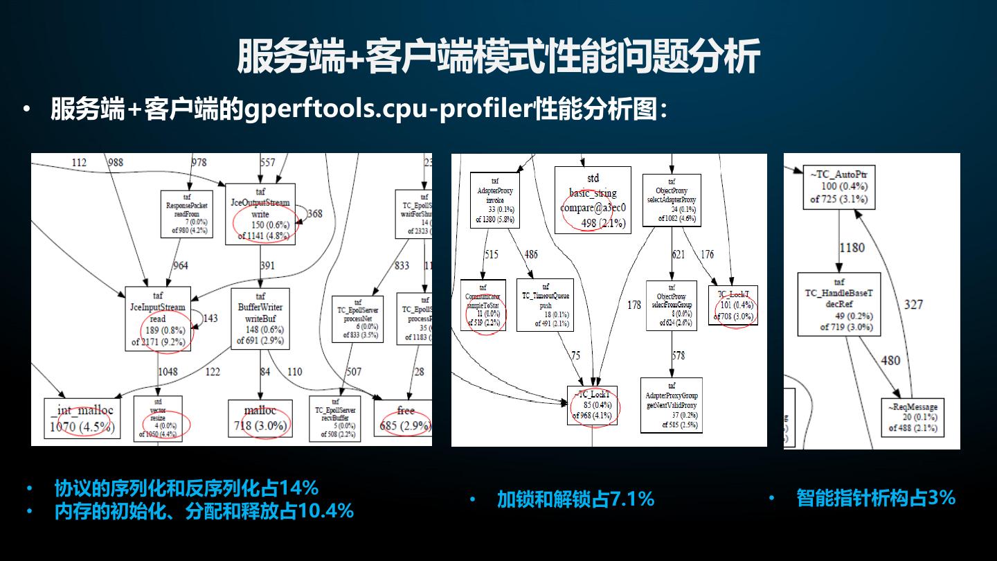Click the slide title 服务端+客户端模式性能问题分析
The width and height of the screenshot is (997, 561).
click(x=498, y=56)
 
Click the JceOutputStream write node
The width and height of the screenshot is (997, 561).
click(x=260, y=213)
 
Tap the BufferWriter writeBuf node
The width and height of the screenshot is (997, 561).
click(x=260, y=319)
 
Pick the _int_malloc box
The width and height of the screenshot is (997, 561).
click(x=82, y=418)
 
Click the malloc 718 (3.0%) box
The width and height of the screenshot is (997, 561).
click(x=260, y=418)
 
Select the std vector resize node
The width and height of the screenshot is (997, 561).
click(x=158, y=418)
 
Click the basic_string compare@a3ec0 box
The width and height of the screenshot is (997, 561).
click(x=593, y=199)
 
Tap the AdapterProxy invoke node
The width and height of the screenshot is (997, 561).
click(x=495, y=200)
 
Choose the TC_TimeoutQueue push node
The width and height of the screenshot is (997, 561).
click(x=545, y=305)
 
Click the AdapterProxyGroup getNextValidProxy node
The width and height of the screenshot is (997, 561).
click(x=671, y=405)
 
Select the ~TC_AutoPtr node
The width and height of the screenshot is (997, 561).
click(x=838, y=186)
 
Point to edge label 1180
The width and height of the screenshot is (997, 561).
click(x=852, y=247)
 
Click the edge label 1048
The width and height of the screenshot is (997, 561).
click(x=168, y=372)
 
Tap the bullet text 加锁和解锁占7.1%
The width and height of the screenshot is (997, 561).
click(x=575, y=499)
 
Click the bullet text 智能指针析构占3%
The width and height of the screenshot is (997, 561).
click(x=875, y=497)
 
